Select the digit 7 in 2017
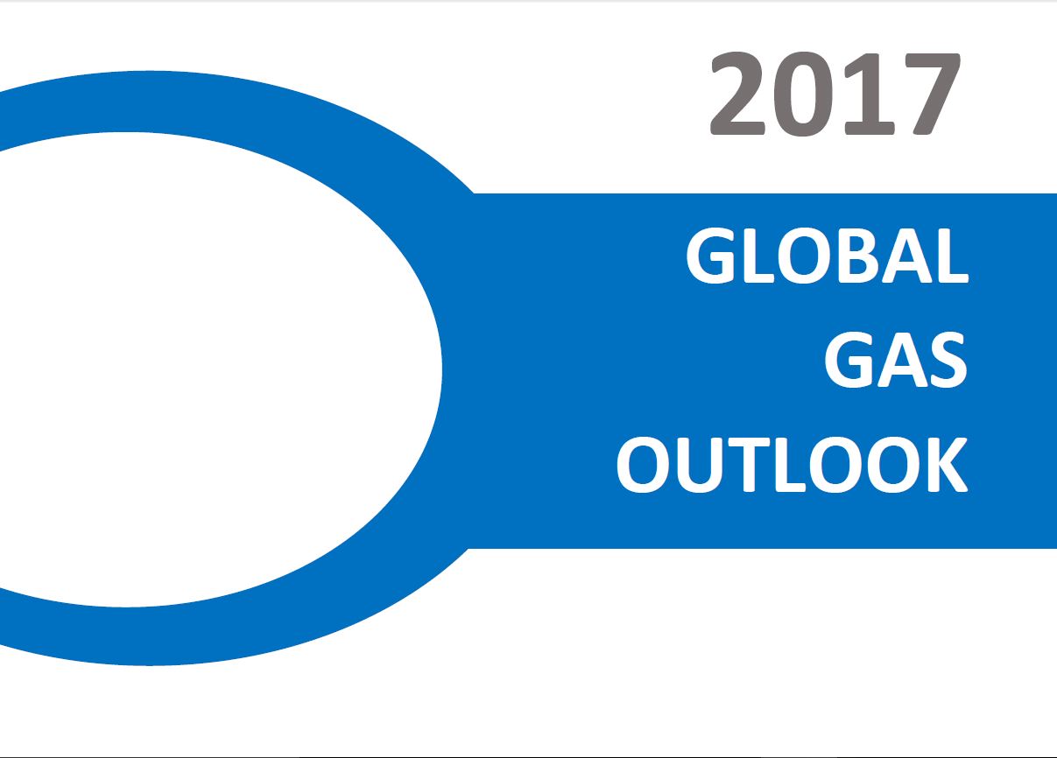click(927, 95)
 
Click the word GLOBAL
click(827, 256)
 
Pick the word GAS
click(895, 361)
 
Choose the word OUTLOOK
click(792, 465)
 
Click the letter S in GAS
click(944, 361)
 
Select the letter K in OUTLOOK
click(943, 465)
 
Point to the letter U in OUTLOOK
click(705, 465)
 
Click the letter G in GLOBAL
click(711, 256)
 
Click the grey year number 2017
click(834, 95)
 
